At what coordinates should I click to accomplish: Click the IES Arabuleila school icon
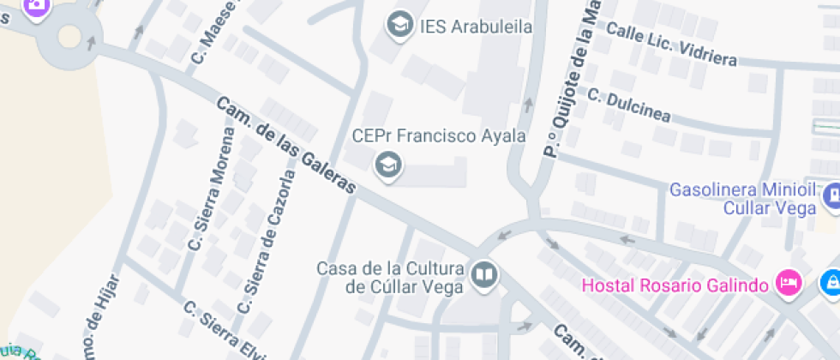tap(399, 26)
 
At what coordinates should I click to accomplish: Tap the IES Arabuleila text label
tap(476, 27)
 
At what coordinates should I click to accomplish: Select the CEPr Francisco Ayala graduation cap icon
tap(389, 163)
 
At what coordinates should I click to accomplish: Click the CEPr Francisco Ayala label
tap(439, 135)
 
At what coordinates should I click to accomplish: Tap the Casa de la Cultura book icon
tap(484, 275)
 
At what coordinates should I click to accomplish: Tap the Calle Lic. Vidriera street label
tap(671, 44)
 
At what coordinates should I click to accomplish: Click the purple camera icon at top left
tap(35, 4)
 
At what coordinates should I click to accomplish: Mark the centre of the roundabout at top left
tap(69, 38)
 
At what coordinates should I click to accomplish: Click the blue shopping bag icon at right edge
tap(831, 281)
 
